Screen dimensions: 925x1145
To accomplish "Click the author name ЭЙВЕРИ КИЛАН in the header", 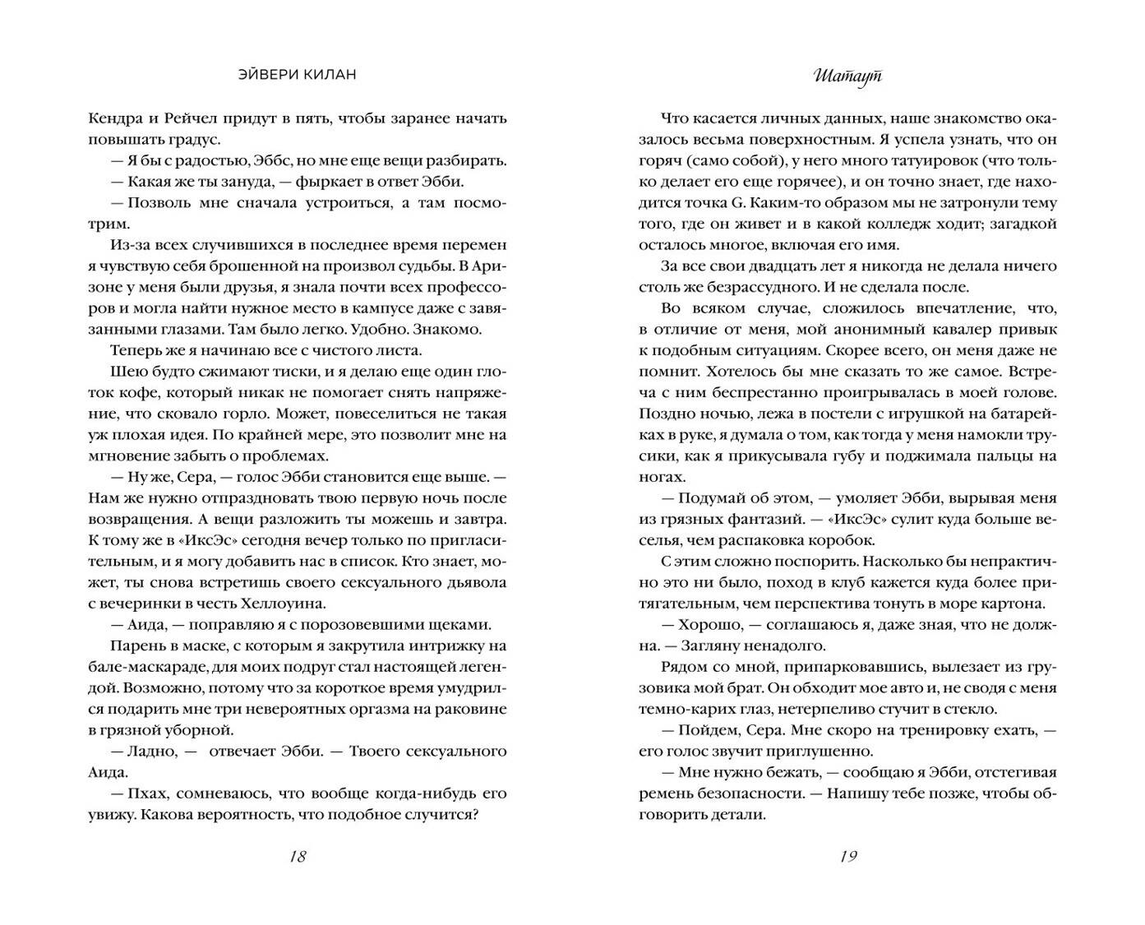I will point(297,75).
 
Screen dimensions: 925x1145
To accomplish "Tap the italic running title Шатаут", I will point(848,76).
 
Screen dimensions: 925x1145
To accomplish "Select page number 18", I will point(298,856).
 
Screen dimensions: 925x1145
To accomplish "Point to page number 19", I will point(848,856).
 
